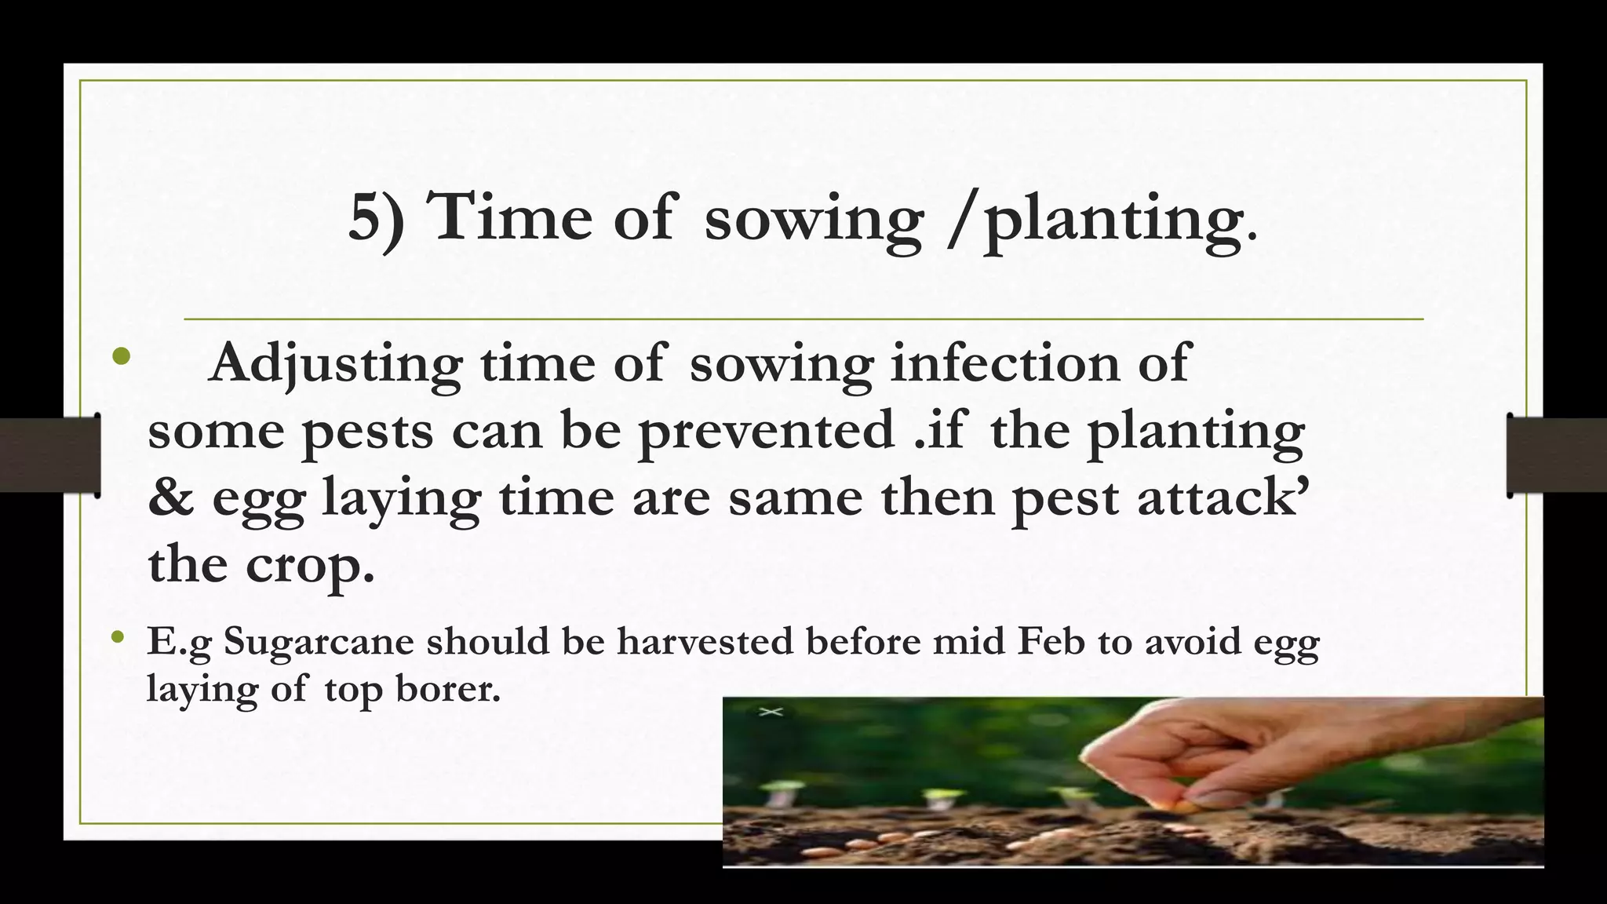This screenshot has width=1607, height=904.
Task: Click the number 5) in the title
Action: click(x=376, y=218)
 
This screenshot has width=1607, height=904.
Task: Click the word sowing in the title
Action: click(x=813, y=220)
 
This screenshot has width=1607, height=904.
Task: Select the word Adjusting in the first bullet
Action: click(x=336, y=364)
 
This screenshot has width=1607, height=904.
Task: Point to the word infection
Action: click(x=1005, y=363)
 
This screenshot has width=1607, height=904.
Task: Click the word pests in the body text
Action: click(x=367, y=432)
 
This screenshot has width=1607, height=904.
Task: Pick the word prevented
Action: click(x=766, y=430)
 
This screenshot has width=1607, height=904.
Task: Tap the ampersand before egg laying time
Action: click(x=170, y=498)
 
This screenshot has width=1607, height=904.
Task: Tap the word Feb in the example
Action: click(x=1051, y=641)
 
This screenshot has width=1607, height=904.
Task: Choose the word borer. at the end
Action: click(x=447, y=688)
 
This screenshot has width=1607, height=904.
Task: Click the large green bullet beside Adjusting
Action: click(x=121, y=357)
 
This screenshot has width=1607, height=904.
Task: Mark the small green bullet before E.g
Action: click(x=118, y=637)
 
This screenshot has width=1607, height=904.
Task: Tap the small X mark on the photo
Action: click(x=771, y=712)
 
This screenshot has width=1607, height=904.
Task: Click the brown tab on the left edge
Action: click(x=49, y=455)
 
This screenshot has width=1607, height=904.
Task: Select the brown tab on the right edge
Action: click(x=1557, y=455)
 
